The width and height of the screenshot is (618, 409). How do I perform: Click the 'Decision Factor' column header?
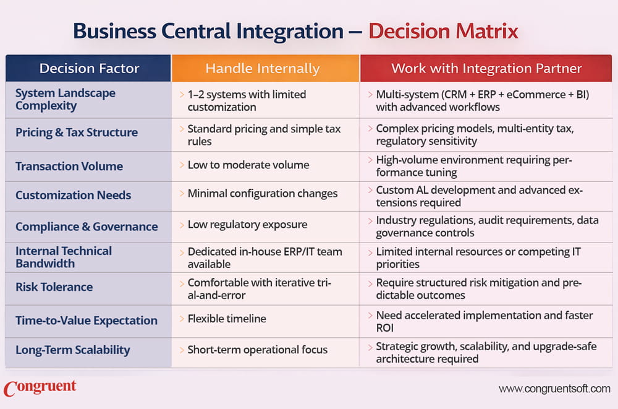point(89,68)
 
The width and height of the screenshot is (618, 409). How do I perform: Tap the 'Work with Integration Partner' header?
point(486,68)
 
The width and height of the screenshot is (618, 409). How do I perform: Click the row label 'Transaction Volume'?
point(69,166)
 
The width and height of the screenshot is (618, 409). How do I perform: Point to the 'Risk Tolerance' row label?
point(54,286)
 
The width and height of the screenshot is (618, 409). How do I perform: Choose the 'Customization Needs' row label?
point(73,195)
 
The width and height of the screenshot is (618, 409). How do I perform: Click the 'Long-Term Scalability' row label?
point(72,350)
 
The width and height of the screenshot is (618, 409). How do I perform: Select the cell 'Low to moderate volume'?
point(248,165)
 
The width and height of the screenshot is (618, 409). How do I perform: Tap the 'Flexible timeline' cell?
point(227,319)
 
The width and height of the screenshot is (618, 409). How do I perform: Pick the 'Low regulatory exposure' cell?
point(247,225)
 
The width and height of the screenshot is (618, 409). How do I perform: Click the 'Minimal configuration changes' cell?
point(263,194)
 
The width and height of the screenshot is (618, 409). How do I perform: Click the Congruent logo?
point(40,389)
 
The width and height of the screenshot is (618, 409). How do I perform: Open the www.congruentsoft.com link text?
point(554,389)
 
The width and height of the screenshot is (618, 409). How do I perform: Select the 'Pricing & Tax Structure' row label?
point(76,132)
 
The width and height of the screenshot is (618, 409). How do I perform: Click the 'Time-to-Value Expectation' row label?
point(86,320)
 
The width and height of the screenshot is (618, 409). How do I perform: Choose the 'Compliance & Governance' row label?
point(87,226)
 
